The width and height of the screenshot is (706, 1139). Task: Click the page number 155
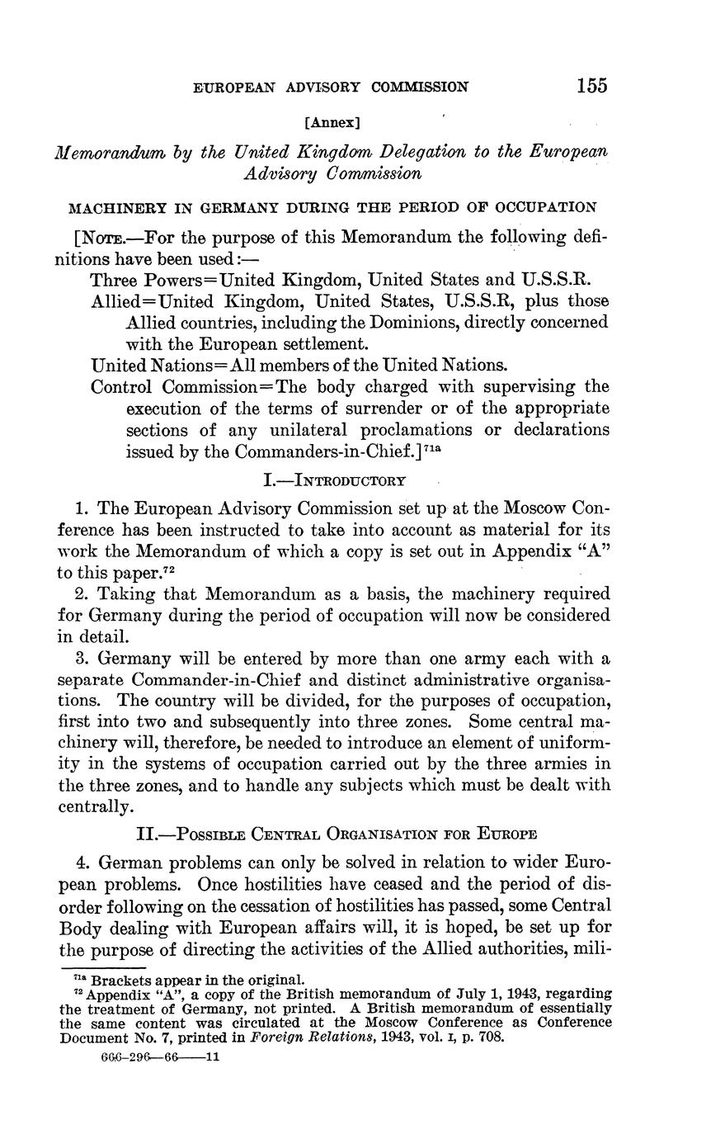[592, 85]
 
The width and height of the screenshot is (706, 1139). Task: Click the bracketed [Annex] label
[332, 123]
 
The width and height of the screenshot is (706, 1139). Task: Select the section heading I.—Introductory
[332, 480]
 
